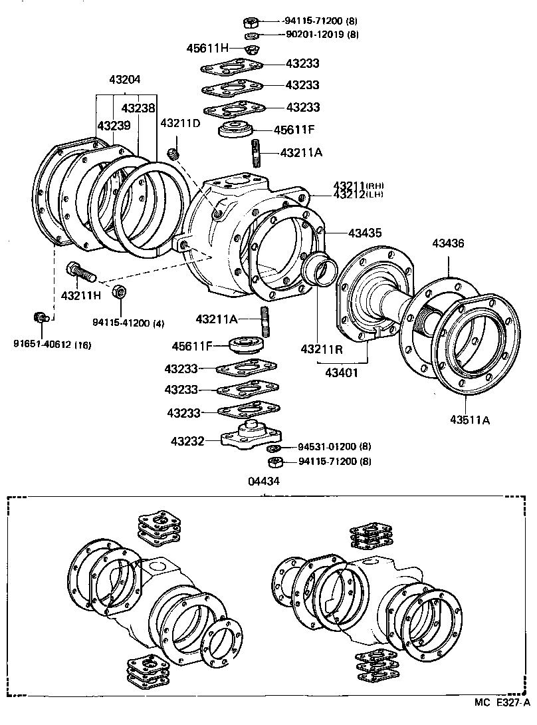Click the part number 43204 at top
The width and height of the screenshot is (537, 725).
tap(125, 78)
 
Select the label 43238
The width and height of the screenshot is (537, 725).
tap(138, 108)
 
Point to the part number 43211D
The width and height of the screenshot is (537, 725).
tap(180, 124)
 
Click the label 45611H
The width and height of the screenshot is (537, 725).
tap(207, 48)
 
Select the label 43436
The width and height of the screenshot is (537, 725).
tap(449, 243)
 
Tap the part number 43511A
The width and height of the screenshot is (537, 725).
tap(469, 419)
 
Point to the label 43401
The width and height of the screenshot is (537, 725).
tap(342, 372)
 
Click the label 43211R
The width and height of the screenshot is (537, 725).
tap(321, 349)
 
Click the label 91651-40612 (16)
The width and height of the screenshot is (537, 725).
tap(52, 344)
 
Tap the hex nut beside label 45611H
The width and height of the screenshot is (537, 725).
tap(252, 49)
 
